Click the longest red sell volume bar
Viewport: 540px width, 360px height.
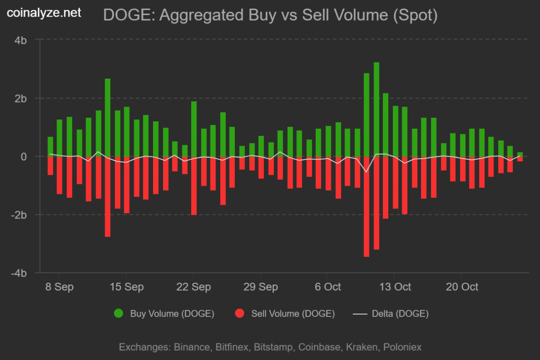(x=366, y=206)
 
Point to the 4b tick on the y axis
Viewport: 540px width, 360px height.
(x=21, y=40)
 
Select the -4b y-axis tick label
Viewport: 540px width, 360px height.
(x=19, y=273)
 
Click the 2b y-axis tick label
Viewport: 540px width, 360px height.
(x=21, y=98)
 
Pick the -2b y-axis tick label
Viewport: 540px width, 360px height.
(x=19, y=215)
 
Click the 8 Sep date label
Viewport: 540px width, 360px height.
(x=60, y=287)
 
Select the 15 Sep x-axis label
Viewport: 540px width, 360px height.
(x=127, y=287)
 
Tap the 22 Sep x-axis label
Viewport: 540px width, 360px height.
(x=194, y=287)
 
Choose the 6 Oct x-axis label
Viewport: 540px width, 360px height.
(x=328, y=287)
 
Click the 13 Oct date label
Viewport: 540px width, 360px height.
(x=395, y=287)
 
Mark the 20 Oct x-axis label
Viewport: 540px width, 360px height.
(x=462, y=287)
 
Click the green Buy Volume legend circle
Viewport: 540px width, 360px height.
(x=119, y=314)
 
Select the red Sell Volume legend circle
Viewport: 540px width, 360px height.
(x=239, y=314)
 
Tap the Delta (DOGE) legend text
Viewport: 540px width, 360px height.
(x=400, y=314)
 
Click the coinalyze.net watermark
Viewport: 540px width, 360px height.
(x=44, y=13)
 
